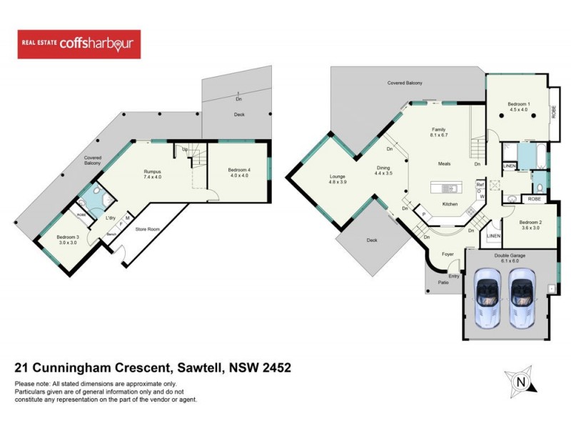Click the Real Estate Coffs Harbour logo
[79, 44]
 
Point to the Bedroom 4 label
[238, 170]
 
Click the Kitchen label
[450, 204]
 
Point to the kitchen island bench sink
[448, 188]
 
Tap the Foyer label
[448, 253]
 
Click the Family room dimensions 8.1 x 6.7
[438, 135]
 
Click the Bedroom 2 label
[530, 222]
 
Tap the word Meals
[444, 164]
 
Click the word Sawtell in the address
[199, 368]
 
